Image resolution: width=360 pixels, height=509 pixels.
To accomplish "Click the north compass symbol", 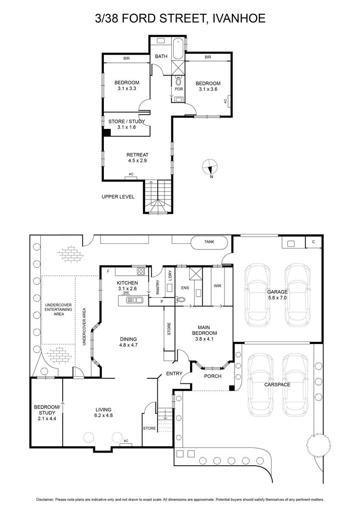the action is [209, 167].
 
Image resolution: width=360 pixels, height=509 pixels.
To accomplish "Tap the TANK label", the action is [209, 242].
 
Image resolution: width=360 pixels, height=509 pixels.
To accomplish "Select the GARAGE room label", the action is [277, 292].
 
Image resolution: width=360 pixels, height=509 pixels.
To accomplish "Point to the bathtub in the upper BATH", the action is [178, 49].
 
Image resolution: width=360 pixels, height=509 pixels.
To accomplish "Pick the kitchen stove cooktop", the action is [141, 271].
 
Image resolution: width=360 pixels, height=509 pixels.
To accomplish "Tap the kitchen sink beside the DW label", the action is [134, 300].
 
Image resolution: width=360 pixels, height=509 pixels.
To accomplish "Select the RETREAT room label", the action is [137, 155].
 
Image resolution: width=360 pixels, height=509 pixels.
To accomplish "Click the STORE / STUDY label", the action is [126, 121].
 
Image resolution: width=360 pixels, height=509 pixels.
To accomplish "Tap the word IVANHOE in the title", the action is [239, 18].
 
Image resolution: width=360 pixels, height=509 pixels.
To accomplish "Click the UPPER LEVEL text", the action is [118, 197].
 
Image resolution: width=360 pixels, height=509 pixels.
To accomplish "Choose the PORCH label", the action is [212, 376].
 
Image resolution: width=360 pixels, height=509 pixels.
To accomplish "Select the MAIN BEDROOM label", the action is [204, 330].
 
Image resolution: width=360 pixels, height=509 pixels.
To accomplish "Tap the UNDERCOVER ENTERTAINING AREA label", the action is [59, 310].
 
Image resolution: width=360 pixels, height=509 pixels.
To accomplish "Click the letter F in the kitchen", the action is [109, 271].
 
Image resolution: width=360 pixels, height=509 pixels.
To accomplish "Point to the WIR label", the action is [218, 286].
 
